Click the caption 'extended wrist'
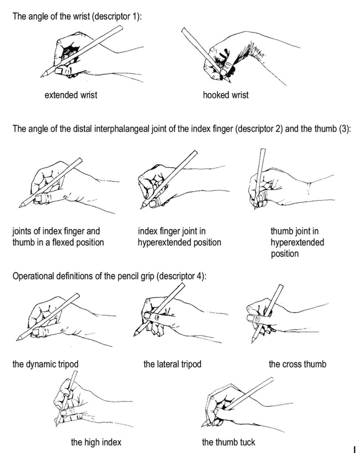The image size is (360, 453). click(71, 95)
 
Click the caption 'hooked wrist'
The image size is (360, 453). click(226, 95)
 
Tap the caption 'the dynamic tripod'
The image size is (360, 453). click(45, 364)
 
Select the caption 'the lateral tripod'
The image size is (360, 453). click(172, 364)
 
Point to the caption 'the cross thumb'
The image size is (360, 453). click(297, 364)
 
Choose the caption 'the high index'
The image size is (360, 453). click(96, 442)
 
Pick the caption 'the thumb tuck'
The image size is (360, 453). click(229, 442)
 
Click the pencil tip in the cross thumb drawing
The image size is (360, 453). click(252, 343)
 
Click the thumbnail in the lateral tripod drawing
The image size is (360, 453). click(148, 315)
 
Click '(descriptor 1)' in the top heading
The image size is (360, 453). click(117, 16)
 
